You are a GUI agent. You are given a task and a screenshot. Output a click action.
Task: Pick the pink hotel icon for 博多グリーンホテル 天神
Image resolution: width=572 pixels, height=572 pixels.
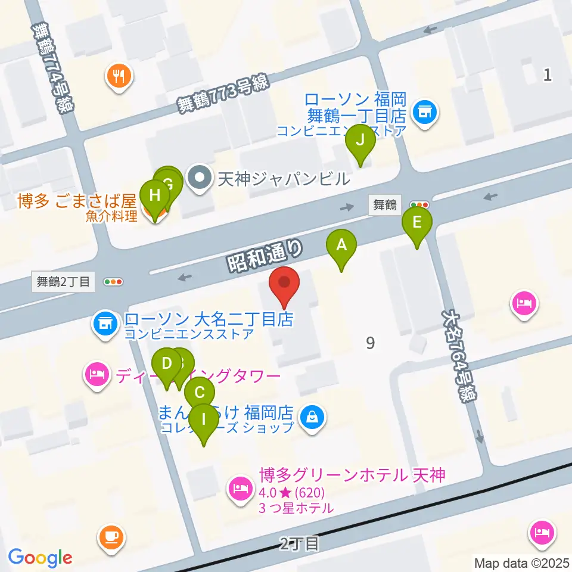coord(240,489)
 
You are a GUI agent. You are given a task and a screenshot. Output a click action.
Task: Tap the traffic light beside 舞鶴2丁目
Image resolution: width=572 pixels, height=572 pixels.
coord(113,281)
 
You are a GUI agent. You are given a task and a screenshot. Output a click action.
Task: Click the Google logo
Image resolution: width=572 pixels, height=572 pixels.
coord(41,558)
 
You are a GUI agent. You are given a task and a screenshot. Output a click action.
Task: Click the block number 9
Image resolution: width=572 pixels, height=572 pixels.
coord(371,343)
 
